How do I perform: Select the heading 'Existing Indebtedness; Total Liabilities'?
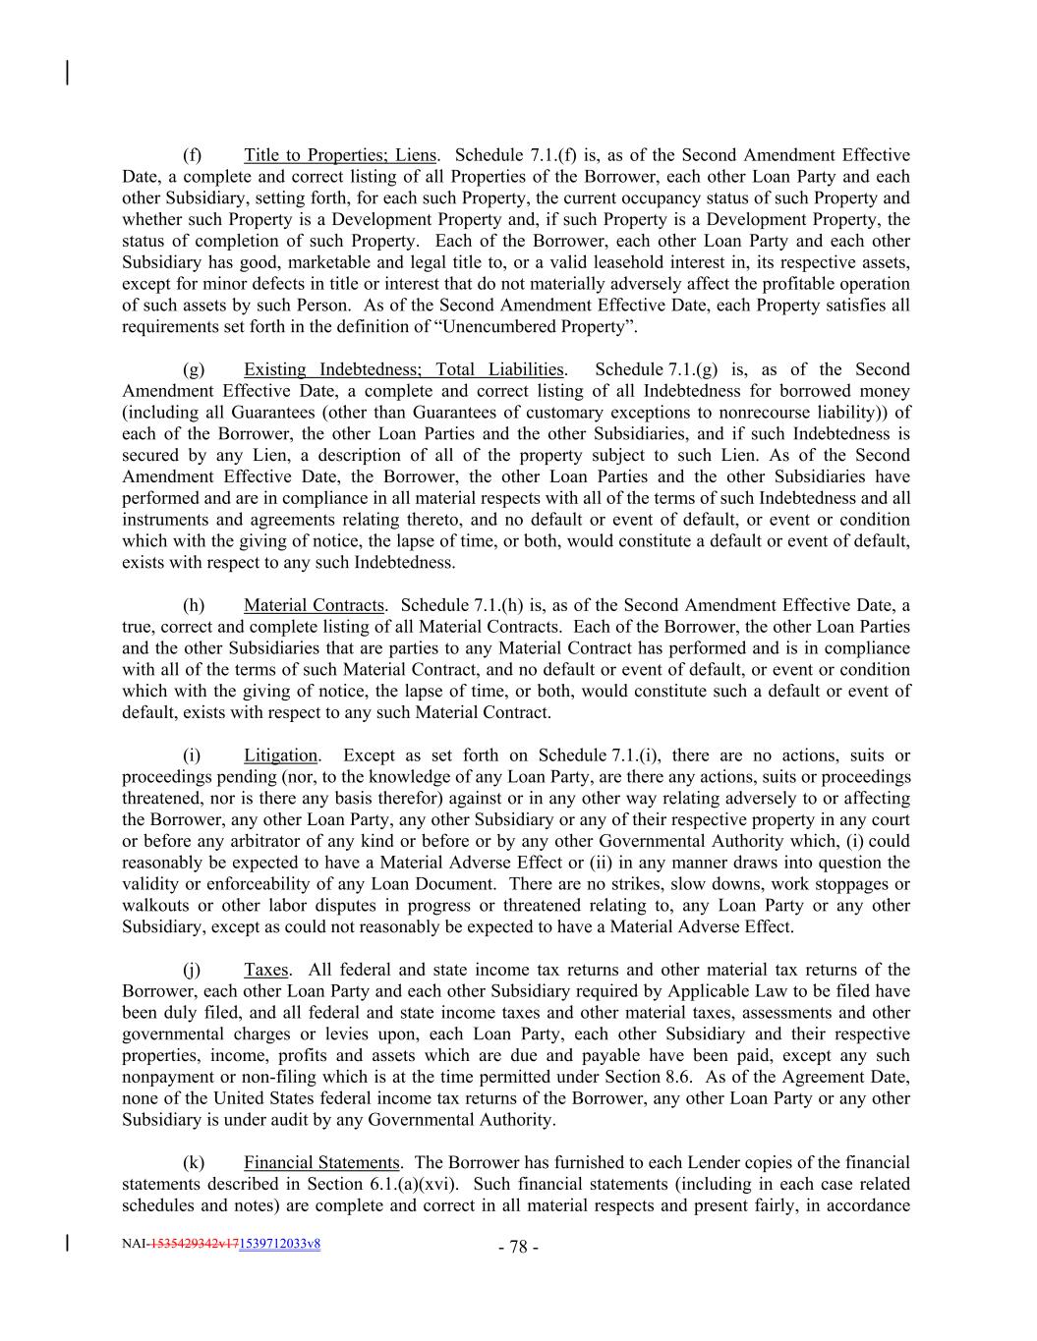(x=403, y=369)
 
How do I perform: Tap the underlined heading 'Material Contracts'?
(x=314, y=605)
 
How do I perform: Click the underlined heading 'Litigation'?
(x=280, y=755)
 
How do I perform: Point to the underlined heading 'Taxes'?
(x=266, y=970)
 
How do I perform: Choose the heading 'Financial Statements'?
(x=321, y=1162)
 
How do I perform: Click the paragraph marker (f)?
(x=193, y=155)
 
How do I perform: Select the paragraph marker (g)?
(x=194, y=369)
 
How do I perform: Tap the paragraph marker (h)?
(x=194, y=605)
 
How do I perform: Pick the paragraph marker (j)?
(x=193, y=970)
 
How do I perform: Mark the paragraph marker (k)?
(x=194, y=1162)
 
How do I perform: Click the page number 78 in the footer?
(x=518, y=1248)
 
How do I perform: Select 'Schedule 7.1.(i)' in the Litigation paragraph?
(x=601, y=755)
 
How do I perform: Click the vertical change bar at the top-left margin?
(x=67, y=73)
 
